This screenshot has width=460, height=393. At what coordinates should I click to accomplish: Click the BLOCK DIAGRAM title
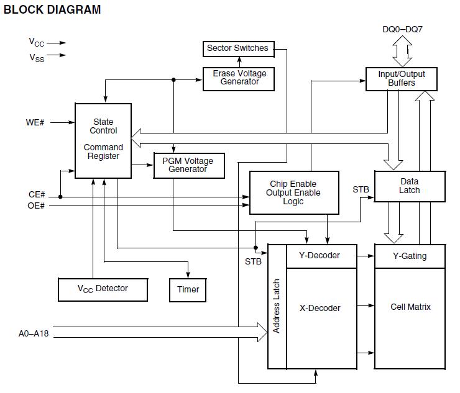[52, 10]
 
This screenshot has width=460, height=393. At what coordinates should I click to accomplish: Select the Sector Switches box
[237, 48]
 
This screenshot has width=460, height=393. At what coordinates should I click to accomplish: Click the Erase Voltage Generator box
[239, 78]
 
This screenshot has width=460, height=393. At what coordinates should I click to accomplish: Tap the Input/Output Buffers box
[401, 78]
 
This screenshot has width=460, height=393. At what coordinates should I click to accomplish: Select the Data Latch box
[410, 186]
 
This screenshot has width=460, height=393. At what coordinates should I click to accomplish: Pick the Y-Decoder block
[321, 256]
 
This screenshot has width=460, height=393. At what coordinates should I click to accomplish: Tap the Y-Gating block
[410, 256]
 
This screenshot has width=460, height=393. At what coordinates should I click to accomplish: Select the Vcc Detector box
[103, 289]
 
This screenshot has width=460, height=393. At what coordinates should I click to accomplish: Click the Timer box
[188, 289]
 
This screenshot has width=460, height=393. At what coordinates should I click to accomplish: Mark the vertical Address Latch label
[277, 306]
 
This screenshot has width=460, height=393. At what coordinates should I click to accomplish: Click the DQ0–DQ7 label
[402, 29]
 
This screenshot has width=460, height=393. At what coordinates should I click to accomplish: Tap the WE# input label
[35, 122]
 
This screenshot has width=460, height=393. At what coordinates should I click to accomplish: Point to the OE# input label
[37, 206]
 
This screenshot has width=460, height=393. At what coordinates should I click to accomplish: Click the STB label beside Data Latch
[361, 189]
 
